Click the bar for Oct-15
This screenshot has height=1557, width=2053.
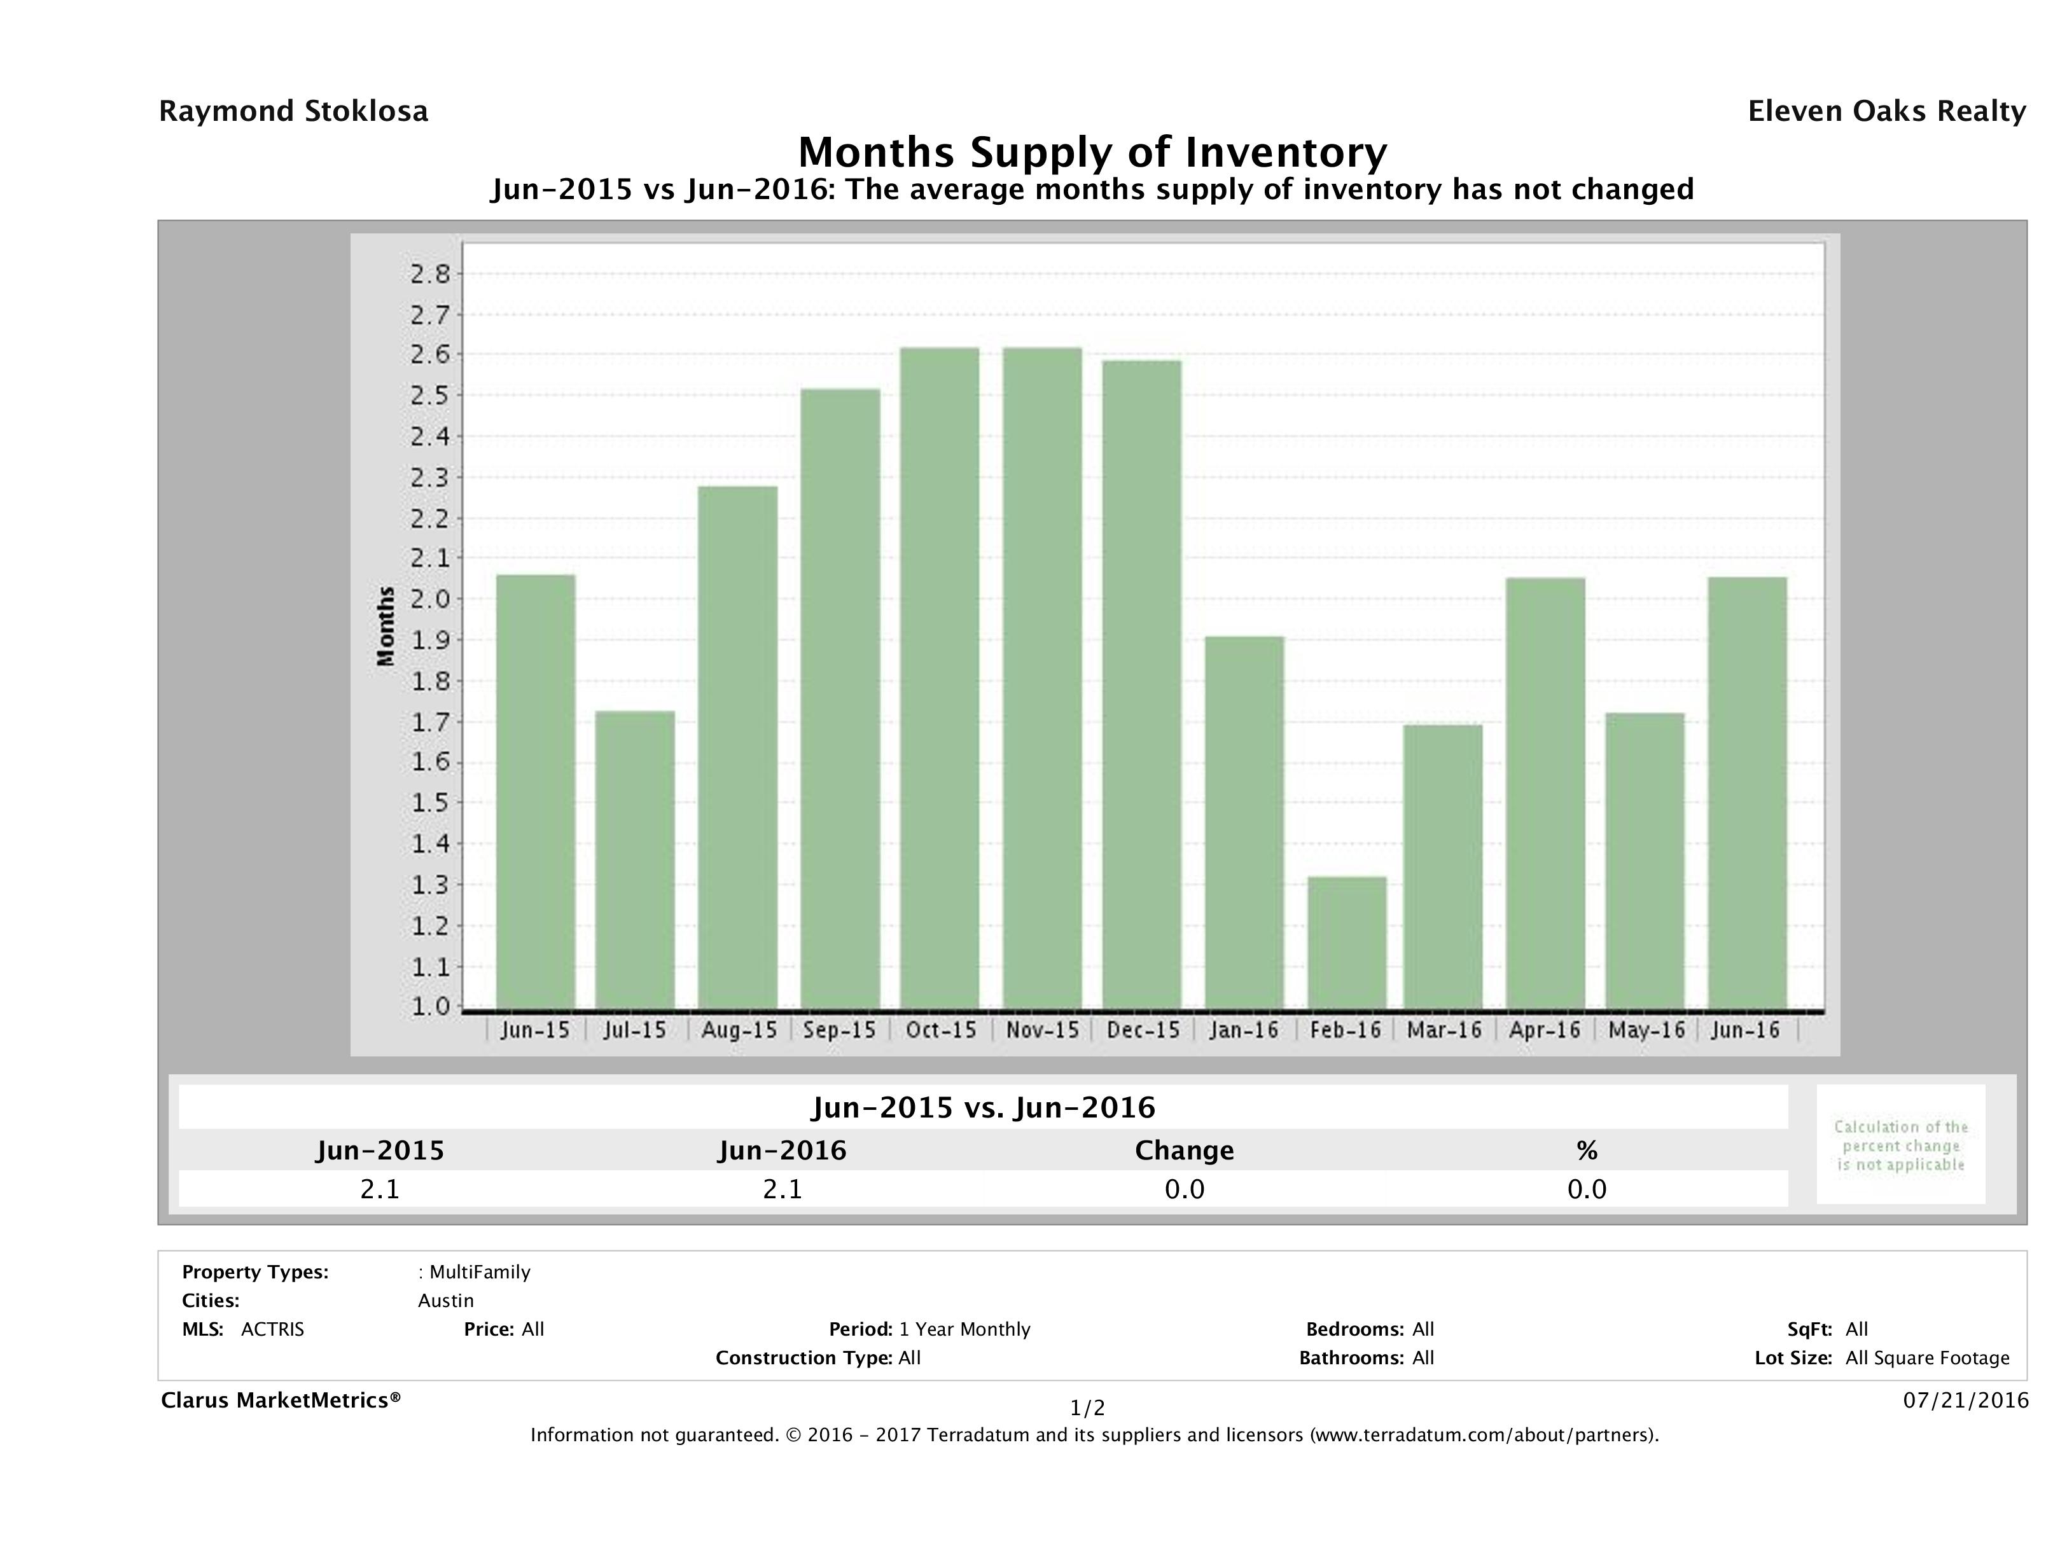click(939, 677)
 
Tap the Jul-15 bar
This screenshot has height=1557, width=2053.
click(635, 859)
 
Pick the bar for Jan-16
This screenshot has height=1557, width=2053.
click(1244, 822)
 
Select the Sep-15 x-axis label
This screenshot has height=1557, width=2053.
click(839, 1030)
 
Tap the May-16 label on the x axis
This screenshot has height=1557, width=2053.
click(1646, 1030)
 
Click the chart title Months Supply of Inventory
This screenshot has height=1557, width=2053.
click(1092, 152)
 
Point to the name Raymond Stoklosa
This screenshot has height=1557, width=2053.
click(293, 111)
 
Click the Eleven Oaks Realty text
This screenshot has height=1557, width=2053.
click(1886, 111)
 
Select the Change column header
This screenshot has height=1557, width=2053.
click(1185, 1151)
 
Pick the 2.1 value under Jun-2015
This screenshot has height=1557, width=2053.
click(380, 1189)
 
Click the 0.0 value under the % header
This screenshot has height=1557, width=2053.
click(1586, 1189)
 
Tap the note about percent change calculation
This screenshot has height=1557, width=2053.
click(1900, 1145)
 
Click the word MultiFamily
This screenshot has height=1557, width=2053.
click(480, 1272)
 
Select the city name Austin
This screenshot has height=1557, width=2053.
click(445, 1301)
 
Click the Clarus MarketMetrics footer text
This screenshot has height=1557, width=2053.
click(281, 1400)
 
